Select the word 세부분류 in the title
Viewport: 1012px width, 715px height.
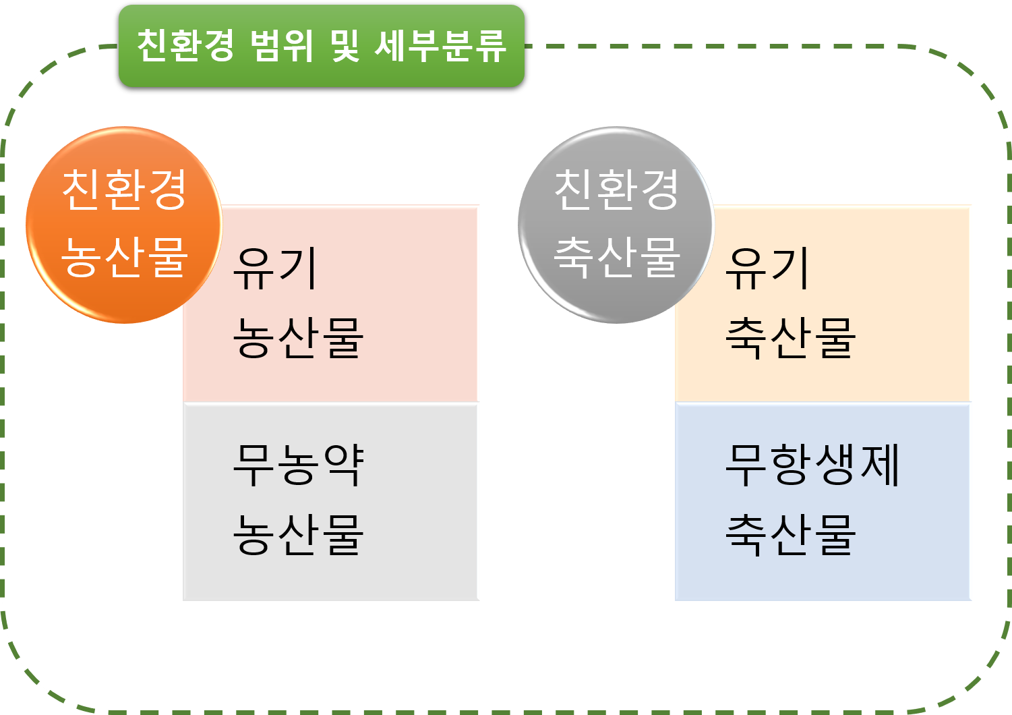[x=440, y=46]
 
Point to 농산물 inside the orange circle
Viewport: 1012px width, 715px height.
[x=124, y=257]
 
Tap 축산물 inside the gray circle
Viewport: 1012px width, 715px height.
[x=616, y=257]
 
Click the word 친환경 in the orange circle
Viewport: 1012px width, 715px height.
[x=124, y=190]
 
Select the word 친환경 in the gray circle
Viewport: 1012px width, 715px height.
[x=616, y=190]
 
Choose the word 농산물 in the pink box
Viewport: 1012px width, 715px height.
[x=298, y=337]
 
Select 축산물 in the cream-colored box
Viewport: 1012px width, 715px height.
[x=790, y=337]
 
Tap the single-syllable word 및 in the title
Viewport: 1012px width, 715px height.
[x=345, y=46]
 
